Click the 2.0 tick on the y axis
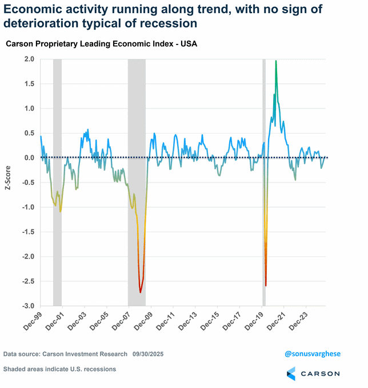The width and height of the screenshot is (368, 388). tap(28, 59)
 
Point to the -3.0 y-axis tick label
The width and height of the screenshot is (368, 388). tap(27, 306)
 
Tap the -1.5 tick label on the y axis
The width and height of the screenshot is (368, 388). tap(27, 232)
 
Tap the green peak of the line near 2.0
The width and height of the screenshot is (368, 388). tap(276, 62)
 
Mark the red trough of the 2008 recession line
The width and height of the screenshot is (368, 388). tap(141, 292)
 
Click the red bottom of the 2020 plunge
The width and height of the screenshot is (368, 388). tap(266, 285)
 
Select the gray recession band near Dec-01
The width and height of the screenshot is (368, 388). tap(57, 183)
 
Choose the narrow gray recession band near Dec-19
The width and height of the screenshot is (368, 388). tap(263, 183)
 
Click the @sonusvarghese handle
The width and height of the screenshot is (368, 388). tap(312, 354)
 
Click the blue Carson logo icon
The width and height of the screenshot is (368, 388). tap(291, 374)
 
